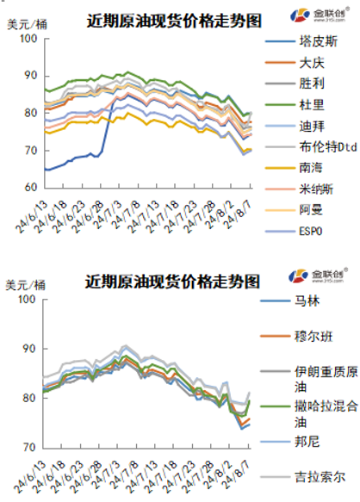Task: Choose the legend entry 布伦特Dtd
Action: click(x=320, y=146)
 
